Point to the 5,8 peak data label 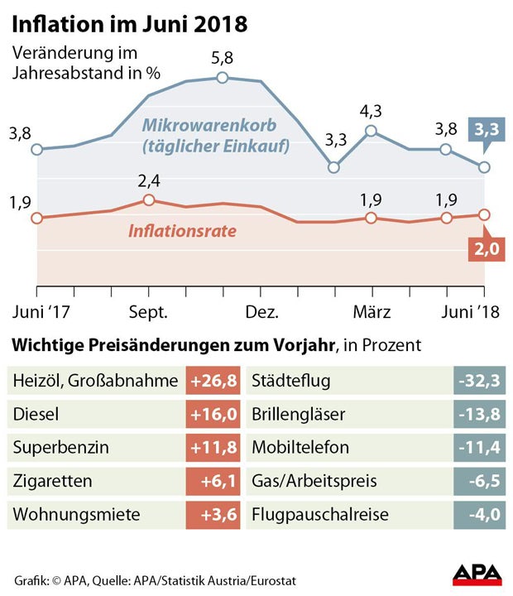point(223,59)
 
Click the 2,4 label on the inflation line point(149,180)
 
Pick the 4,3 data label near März point(371,111)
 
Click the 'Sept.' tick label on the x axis point(149,313)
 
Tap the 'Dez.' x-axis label point(261,313)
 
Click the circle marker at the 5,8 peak point(223,78)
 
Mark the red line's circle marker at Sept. point(149,200)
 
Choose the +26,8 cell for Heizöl point(213,381)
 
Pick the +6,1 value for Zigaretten point(213,481)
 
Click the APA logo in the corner point(477,574)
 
